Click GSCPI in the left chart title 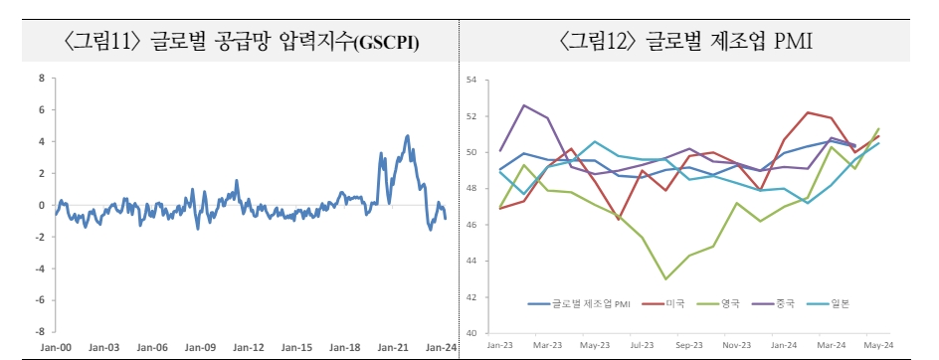[383, 44]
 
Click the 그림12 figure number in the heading [600, 43]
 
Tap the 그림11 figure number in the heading [102, 43]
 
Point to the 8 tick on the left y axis [41, 78]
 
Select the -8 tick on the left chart [39, 331]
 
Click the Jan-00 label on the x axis [57, 347]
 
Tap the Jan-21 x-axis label [394, 347]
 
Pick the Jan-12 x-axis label [249, 347]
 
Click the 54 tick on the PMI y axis [472, 80]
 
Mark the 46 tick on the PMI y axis [472, 225]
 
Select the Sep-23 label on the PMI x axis [688, 344]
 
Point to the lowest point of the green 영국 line [664, 278]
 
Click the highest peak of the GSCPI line [408, 136]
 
